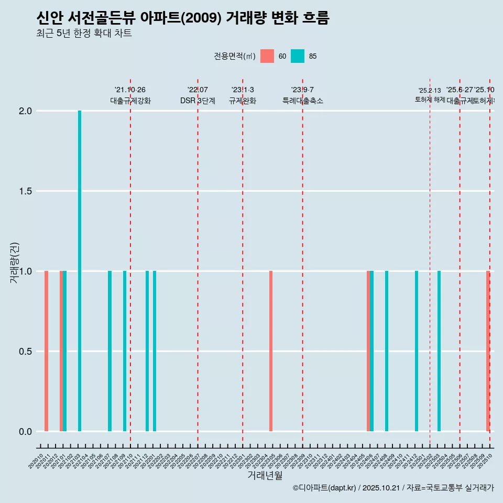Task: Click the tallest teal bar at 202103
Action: click(x=80, y=271)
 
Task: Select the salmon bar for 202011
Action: click(x=46, y=351)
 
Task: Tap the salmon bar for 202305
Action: click(x=271, y=351)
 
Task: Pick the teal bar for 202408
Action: click(x=387, y=351)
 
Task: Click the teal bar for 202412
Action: click(x=417, y=351)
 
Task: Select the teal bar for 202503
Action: click(x=439, y=351)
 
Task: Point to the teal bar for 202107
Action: click(x=110, y=351)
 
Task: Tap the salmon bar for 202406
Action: click(x=368, y=351)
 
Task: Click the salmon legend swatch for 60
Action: click(x=267, y=56)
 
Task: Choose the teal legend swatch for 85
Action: click(x=298, y=56)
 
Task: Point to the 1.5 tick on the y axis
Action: click(x=25, y=191)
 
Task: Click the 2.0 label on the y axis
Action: click(x=25, y=111)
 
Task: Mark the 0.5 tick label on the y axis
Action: click(x=25, y=352)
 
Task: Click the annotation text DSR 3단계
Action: click(x=198, y=101)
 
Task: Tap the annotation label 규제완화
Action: click(x=243, y=101)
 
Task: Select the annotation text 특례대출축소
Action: click(x=303, y=101)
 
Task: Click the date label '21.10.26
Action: click(x=130, y=90)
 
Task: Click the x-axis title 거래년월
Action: click(x=265, y=476)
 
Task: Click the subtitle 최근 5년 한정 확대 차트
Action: click(x=84, y=33)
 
